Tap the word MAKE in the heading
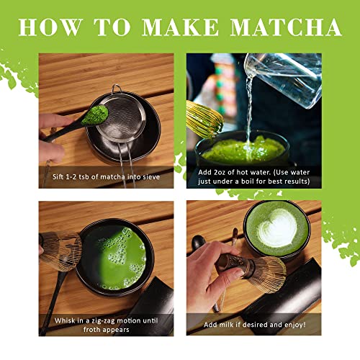click(182, 27)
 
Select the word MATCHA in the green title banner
click(287, 27)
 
